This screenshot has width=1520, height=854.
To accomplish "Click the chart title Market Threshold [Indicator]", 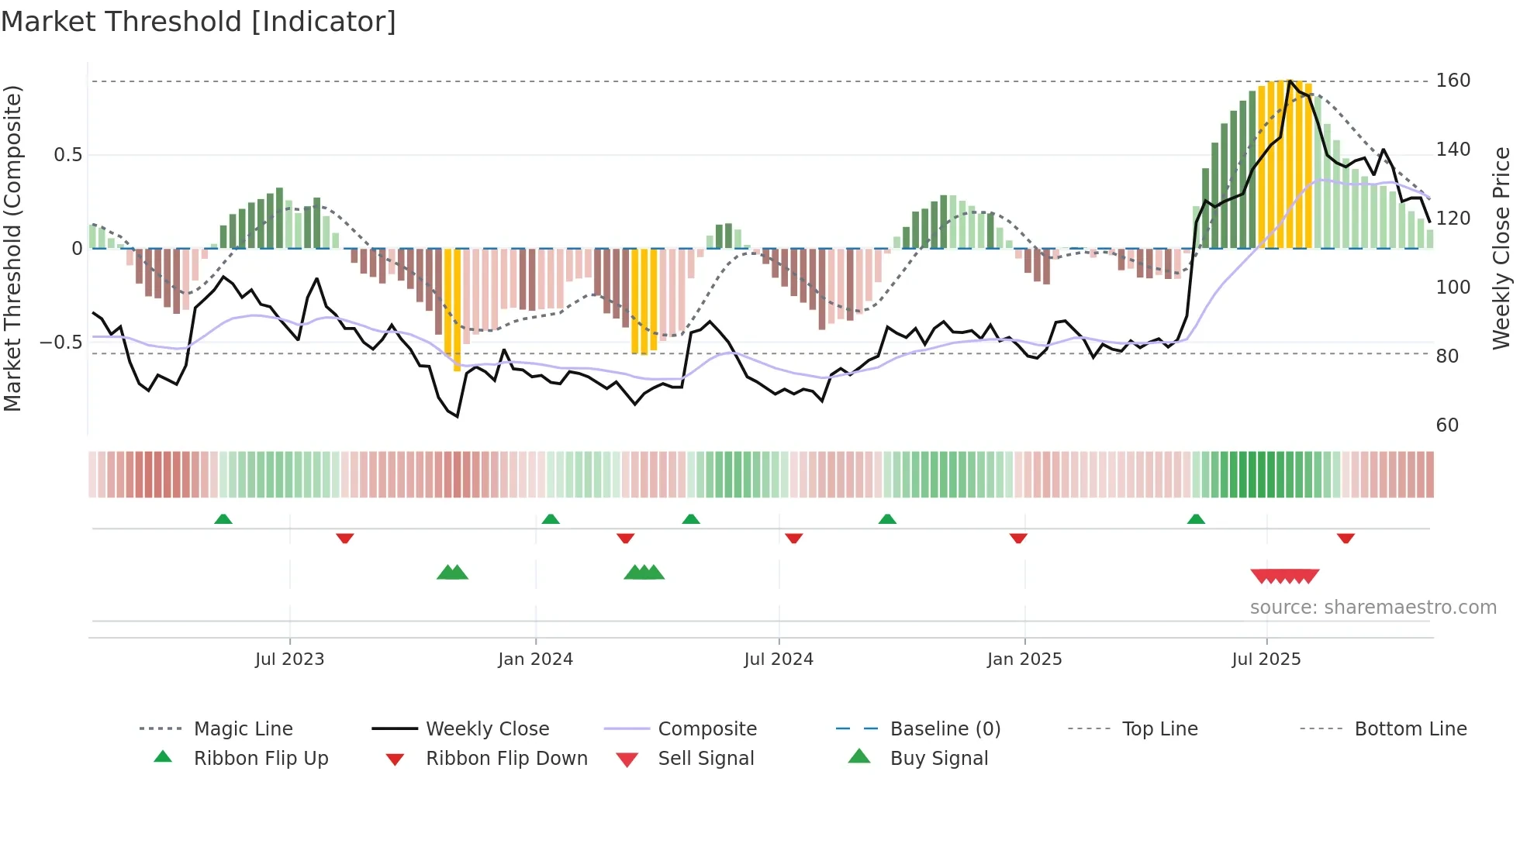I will (199, 22).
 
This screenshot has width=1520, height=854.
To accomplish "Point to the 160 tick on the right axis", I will (1453, 81).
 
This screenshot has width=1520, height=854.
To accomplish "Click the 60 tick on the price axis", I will (1447, 425).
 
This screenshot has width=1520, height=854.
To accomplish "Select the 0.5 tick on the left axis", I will (67, 155).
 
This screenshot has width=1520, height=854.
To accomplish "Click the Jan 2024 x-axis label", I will (535, 659).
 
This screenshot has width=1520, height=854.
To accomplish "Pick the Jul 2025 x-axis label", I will (1266, 659).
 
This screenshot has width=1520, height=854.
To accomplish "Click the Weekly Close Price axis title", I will (1501, 248).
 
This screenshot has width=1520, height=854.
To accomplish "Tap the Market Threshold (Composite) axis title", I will (12, 248).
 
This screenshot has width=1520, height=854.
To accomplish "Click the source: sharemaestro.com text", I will (1373, 608).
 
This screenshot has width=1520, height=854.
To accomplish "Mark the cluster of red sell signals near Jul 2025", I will (1284, 577).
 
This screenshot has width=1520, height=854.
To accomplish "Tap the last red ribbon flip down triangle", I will (1346, 538).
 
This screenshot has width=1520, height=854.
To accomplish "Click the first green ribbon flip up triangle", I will (223, 518).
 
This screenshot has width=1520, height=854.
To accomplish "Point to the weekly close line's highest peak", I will (1290, 81).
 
